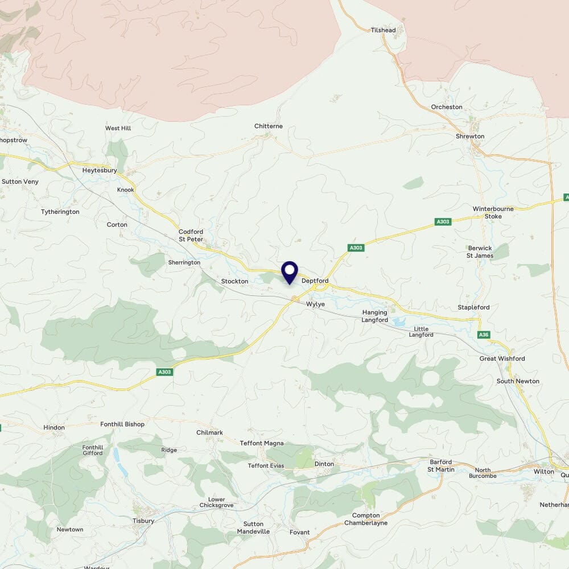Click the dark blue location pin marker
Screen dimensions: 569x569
pyautogui.click(x=290, y=272)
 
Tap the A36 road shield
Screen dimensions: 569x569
pyautogui.click(x=484, y=335)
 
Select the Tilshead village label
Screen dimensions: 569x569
pyautogui.click(x=383, y=30)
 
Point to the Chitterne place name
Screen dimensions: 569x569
pyautogui.click(x=269, y=126)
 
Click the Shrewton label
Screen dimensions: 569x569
pyautogui.click(x=470, y=137)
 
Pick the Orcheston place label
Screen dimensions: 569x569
pyautogui.click(x=447, y=107)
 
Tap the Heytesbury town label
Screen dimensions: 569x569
pyautogui.click(x=100, y=170)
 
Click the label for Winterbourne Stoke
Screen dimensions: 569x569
pyautogui.click(x=493, y=212)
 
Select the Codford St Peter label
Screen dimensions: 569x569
pyautogui.click(x=191, y=236)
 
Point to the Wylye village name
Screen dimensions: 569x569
pyautogui.click(x=316, y=304)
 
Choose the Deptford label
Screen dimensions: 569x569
pyautogui.click(x=315, y=281)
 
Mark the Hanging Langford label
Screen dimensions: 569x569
pyautogui.click(x=375, y=316)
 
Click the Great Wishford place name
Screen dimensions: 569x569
pyautogui.click(x=502, y=358)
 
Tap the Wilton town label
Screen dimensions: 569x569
pyautogui.click(x=544, y=472)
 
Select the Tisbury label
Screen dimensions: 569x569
pyautogui.click(x=143, y=521)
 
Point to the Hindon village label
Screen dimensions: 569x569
pyautogui.click(x=54, y=427)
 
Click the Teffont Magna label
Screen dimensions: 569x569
pyautogui.click(x=262, y=443)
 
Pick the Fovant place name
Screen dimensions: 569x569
pyautogui.click(x=299, y=533)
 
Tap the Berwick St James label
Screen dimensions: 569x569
pyautogui.click(x=480, y=252)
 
